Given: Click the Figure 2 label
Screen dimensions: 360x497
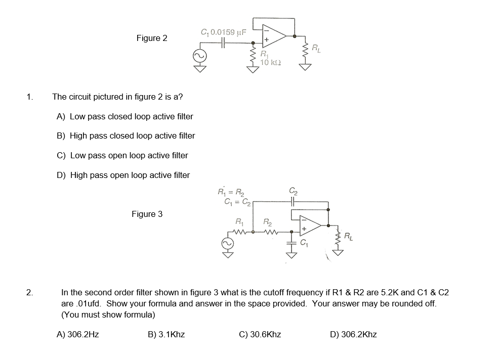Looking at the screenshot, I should (x=151, y=38).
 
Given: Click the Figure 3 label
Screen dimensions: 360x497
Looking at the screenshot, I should (x=147, y=214).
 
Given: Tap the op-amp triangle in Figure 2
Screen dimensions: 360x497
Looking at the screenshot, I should (x=273, y=36).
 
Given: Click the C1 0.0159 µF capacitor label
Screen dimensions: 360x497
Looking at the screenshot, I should (x=223, y=32).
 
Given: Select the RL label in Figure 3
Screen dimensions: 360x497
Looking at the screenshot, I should (x=349, y=235).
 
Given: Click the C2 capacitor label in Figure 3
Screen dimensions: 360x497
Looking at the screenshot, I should (x=293, y=191).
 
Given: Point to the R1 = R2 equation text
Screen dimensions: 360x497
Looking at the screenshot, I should (x=230, y=191).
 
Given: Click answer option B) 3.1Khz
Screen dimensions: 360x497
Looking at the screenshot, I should (x=166, y=334).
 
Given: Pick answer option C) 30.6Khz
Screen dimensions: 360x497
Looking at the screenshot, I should (x=260, y=334).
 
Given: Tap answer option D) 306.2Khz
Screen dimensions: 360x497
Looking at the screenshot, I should (x=353, y=334).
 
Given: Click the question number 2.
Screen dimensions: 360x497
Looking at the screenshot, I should (x=30, y=292).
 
